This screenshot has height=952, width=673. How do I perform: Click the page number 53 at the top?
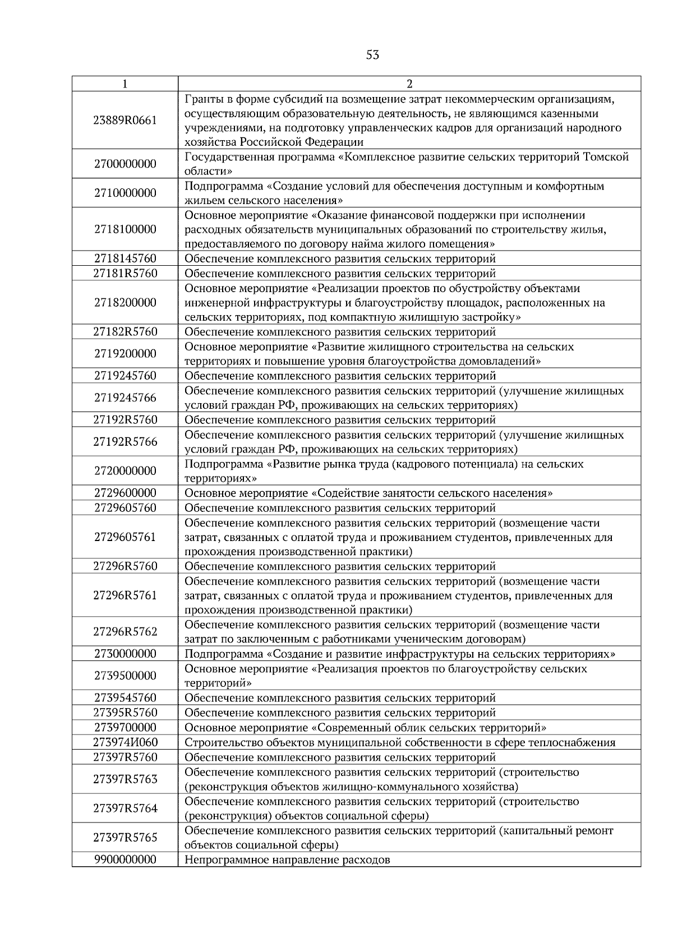click(x=372, y=55)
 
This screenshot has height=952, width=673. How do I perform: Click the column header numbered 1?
click(x=125, y=84)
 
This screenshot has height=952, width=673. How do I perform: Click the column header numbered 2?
click(x=409, y=84)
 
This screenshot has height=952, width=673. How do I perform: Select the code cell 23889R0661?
click(x=125, y=121)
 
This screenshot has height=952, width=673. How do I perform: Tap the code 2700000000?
click(x=125, y=164)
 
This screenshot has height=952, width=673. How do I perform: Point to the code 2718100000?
click(x=125, y=229)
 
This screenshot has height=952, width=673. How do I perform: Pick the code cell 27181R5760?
click(x=125, y=274)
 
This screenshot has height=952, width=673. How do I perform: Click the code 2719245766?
click(x=125, y=398)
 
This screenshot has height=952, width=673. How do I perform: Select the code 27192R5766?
click(x=125, y=442)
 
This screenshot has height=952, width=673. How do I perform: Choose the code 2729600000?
click(x=125, y=493)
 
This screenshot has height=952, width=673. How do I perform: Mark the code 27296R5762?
click(x=125, y=632)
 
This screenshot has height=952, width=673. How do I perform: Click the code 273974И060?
click(x=125, y=743)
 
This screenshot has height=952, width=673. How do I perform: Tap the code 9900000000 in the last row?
click(x=125, y=860)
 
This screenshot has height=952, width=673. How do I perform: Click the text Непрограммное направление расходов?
click(x=287, y=860)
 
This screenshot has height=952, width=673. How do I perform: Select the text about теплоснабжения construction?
click(x=400, y=743)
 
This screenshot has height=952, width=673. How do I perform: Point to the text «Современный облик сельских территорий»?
click(x=429, y=728)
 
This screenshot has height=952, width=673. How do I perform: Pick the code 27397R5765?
click(x=125, y=838)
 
